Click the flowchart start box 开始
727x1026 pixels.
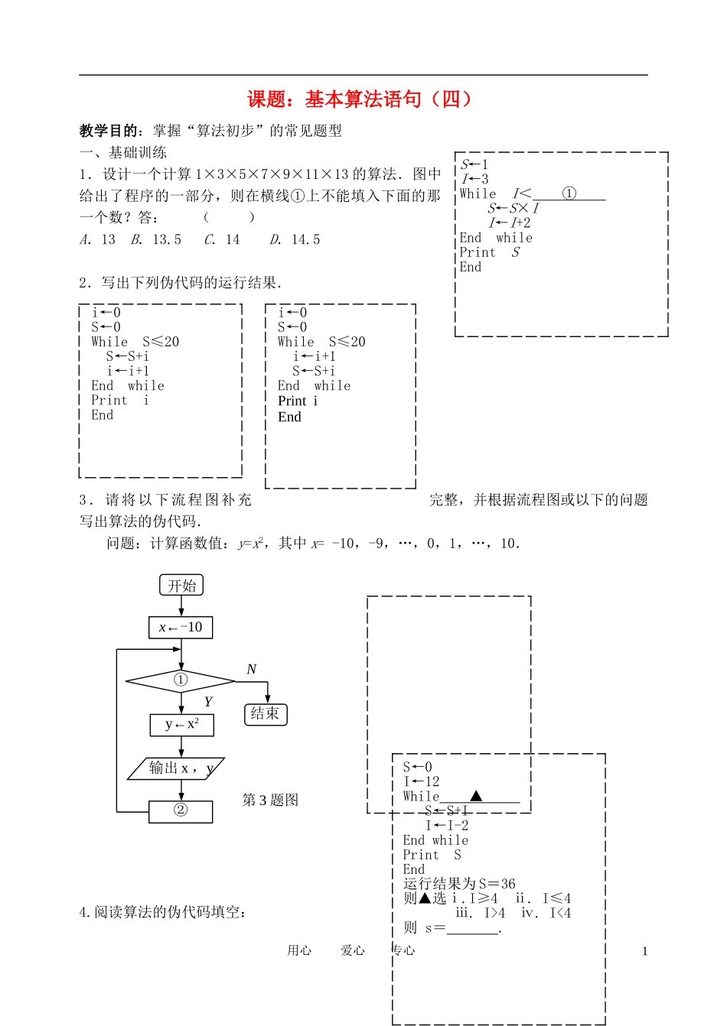click(181, 586)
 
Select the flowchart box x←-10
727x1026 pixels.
click(181, 628)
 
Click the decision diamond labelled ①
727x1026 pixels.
click(181, 680)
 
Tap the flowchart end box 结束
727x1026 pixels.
click(265, 714)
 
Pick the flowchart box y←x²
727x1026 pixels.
click(181, 724)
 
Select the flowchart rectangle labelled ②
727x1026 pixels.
click(181, 810)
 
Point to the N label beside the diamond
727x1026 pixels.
click(251, 670)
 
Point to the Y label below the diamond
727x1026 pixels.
click(208, 702)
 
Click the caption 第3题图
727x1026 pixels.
click(270, 800)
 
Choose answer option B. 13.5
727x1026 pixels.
click(157, 240)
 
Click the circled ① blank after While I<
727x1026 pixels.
click(569, 193)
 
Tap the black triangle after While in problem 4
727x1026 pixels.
click(476, 796)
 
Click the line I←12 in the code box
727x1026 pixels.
click(422, 781)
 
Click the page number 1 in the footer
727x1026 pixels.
click(645, 952)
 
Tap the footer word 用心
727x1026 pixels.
click(299, 950)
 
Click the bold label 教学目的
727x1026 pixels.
click(109, 131)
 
